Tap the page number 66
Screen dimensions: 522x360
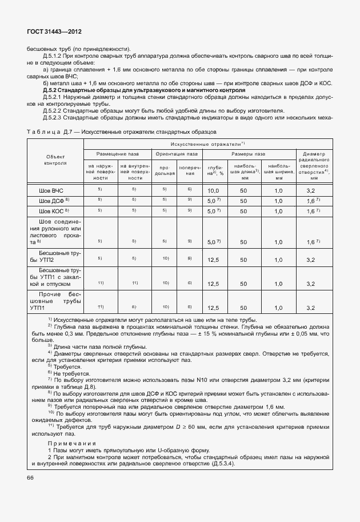pos(30,478)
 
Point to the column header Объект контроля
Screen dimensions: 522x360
pos(55,160)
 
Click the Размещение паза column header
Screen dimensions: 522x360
pos(118,154)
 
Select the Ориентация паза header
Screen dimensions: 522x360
pos(176,154)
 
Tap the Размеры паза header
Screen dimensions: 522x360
pos(248,154)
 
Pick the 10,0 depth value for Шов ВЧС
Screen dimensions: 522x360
pos(214,190)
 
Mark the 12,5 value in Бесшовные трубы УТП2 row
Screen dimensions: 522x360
pos(214,259)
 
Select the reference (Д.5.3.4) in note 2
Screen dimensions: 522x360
pos(222,464)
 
